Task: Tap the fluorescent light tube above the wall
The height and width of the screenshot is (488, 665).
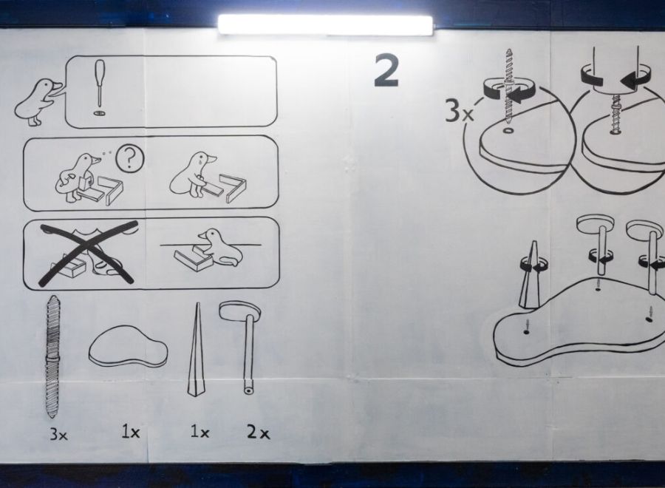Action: [325, 24]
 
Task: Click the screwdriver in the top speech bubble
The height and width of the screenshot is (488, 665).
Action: [99, 84]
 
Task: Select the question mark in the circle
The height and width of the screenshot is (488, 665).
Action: [130, 158]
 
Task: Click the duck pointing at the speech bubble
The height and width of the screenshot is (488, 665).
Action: [38, 102]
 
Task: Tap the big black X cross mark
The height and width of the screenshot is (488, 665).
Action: [89, 253]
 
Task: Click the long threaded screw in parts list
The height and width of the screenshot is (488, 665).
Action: [52, 356]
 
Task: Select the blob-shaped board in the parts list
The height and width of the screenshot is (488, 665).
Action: [128, 346]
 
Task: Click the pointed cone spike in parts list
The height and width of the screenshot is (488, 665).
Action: [196, 350]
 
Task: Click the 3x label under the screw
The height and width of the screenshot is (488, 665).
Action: [58, 434]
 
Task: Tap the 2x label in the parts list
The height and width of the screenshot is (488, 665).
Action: [258, 433]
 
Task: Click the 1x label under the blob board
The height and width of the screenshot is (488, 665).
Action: [131, 432]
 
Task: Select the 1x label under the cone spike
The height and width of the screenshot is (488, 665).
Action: [199, 432]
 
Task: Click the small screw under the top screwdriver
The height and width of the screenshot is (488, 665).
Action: [99, 113]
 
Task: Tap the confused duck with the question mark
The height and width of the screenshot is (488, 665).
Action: [78, 177]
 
